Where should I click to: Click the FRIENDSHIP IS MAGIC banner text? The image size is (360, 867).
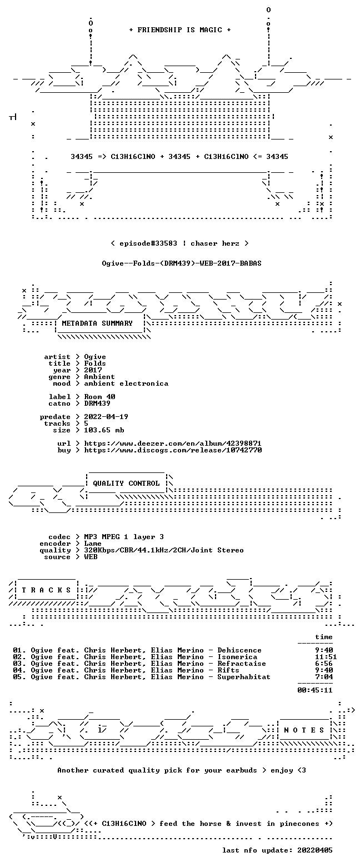coord(180,30)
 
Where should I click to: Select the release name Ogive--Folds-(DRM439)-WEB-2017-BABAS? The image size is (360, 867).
coord(182,263)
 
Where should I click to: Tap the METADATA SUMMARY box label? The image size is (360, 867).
coord(97,323)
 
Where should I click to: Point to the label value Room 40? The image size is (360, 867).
coord(99,397)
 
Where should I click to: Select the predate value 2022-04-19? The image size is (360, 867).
coord(106,416)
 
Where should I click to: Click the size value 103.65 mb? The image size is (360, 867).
coord(104,430)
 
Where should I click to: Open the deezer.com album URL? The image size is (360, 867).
coord(173,443)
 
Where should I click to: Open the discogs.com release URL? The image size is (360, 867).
coord(173,450)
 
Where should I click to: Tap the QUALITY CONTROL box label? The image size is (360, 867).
coord(126,483)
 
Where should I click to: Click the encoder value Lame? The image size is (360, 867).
coord(93,544)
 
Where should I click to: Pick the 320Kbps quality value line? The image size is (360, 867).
coord(164,550)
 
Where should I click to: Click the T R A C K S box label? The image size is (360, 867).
coord(46,590)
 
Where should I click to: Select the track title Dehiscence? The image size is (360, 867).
coord(239,650)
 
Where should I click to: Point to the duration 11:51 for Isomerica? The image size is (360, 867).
coord(326,656)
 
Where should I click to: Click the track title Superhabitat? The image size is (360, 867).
coord(243,676)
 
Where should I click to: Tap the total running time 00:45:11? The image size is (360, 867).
coord(314,690)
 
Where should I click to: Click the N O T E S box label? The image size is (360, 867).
coord(304,730)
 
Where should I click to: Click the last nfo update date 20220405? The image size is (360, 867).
coord(314,850)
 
